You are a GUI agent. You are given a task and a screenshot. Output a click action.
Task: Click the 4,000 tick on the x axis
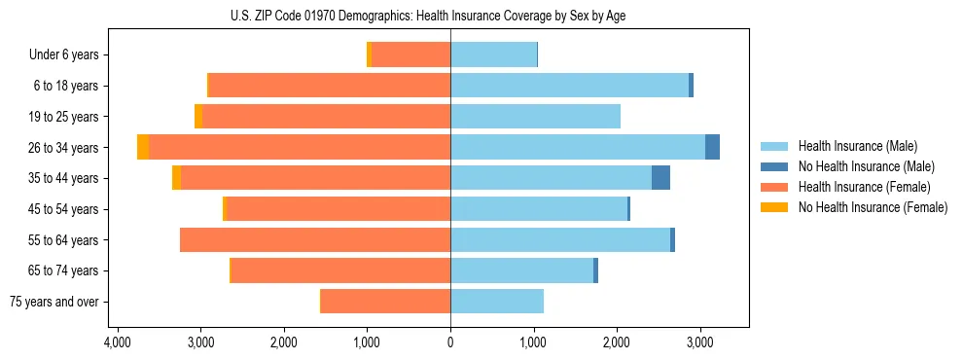(x=117, y=342)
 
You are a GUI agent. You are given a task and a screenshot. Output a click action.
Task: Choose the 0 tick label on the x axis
(x=450, y=342)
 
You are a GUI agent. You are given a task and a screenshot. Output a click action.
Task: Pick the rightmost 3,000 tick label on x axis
(x=699, y=342)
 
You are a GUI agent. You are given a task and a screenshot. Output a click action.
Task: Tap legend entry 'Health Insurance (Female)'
(x=856, y=187)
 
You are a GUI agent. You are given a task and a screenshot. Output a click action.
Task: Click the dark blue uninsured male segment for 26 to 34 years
(x=712, y=147)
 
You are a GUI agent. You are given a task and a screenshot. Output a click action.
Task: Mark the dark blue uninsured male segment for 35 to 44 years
(x=660, y=178)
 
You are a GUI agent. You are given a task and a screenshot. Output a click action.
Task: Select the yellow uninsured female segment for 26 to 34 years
(x=143, y=147)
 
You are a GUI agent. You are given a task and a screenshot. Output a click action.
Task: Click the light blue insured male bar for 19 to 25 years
(x=535, y=117)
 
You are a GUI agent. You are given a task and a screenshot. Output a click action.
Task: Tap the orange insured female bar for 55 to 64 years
(x=315, y=239)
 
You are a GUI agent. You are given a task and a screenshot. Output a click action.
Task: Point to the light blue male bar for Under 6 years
(x=493, y=54)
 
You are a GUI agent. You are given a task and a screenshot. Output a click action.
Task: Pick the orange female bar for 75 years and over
(x=385, y=302)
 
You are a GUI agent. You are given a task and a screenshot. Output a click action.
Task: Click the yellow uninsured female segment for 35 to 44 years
(x=176, y=178)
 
